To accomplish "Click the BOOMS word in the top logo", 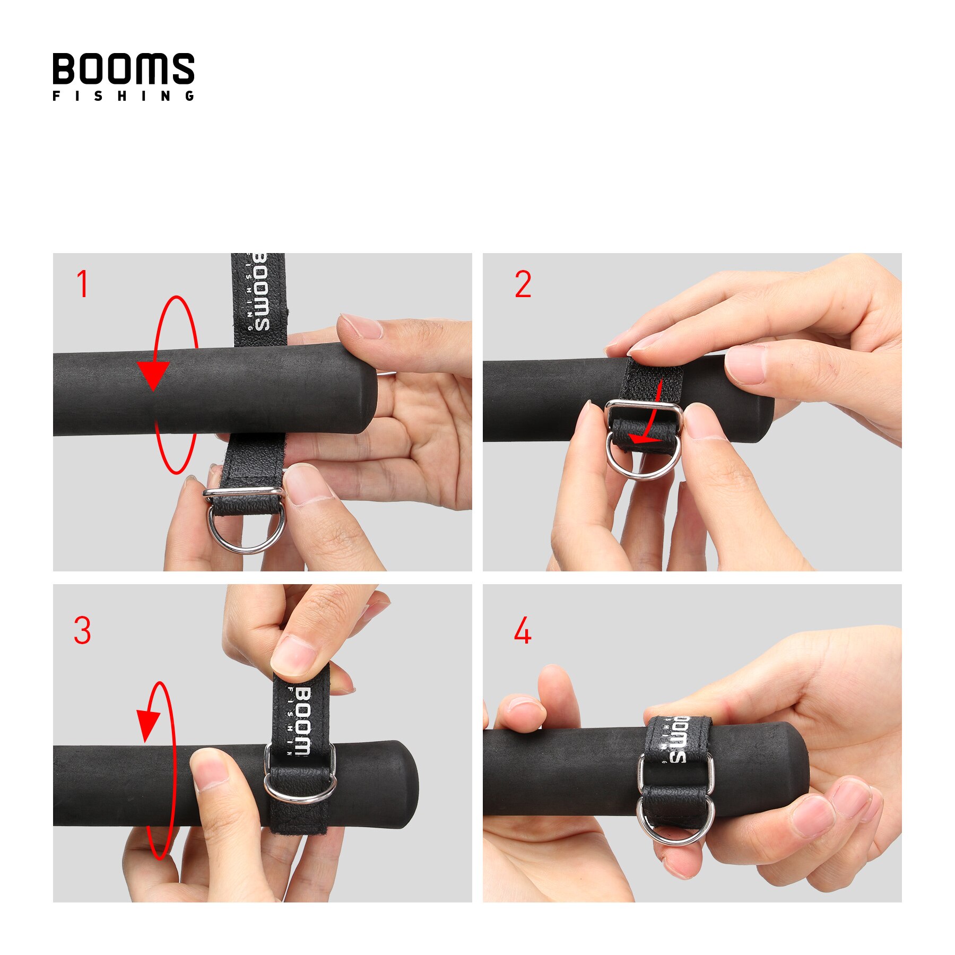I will [123, 68].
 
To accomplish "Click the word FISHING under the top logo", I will [123, 96].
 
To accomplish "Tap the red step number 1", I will [82, 284].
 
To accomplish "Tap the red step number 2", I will [523, 284].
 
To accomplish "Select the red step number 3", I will [82, 630].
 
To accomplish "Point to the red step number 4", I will [523, 631].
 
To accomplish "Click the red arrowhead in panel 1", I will [153, 375].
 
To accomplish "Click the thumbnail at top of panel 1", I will [361, 326].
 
